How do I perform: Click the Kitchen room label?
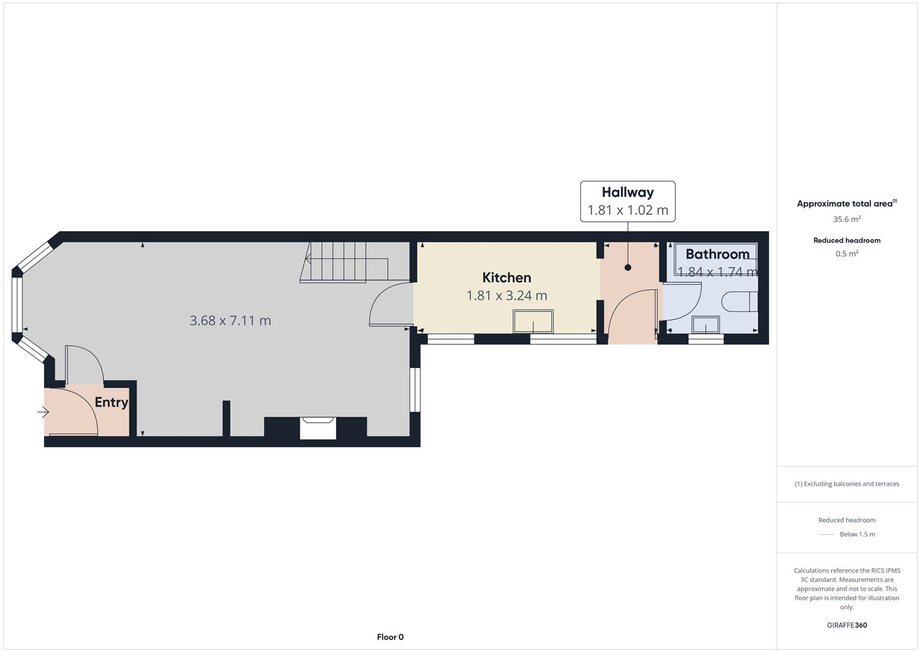click(507, 278)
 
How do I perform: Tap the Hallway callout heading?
click(627, 193)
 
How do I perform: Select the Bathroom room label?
click(717, 254)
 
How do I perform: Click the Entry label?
click(112, 403)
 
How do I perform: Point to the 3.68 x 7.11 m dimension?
click(230, 321)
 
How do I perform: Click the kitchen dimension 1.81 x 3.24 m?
click(507, 296)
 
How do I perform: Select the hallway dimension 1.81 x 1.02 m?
click(627, 210)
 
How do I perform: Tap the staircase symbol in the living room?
click(338, 262)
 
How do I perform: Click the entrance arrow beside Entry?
click(43, 412)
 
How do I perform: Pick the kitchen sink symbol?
click(533, 321)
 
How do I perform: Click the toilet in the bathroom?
click(739, 301)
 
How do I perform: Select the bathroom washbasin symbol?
click(706, 325)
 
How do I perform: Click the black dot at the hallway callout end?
click(628, 267)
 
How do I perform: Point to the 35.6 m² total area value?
click(847, 220)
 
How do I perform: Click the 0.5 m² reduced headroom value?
click(847, 254)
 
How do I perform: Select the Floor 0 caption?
click(390, 637)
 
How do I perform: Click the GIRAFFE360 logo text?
click(847, 625)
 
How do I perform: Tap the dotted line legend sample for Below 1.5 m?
click(827, 534)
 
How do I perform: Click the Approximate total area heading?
click(844, 204)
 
